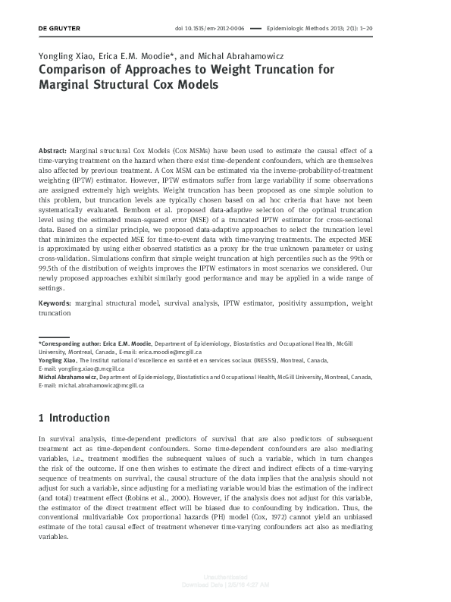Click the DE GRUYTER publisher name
58,29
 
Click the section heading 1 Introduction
74,418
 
